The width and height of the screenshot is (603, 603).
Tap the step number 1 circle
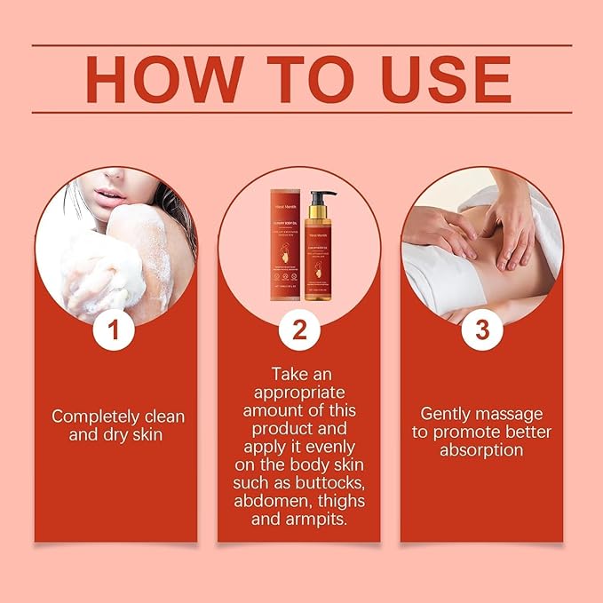point(115,330)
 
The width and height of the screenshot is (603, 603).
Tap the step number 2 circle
point(299,330)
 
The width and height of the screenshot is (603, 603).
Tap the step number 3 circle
point(482,330)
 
